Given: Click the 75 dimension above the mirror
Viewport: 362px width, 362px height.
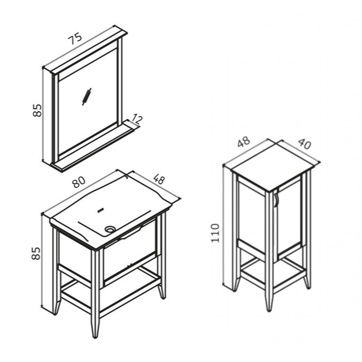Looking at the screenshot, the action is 75,38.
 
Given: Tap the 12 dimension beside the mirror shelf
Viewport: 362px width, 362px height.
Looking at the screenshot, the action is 137,120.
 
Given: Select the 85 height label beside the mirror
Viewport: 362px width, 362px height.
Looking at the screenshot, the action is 37,111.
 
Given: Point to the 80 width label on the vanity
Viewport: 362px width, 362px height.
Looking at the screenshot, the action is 79,182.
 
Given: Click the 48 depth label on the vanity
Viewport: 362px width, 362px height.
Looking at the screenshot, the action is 159,179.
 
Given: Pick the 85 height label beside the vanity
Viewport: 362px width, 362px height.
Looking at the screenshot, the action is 36,253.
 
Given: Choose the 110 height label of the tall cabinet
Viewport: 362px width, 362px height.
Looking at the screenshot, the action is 215,233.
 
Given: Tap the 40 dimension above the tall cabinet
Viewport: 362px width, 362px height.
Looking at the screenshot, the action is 305,144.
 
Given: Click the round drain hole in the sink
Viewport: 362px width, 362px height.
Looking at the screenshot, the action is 110,229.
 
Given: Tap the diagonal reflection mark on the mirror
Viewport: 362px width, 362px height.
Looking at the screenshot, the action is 87,97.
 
